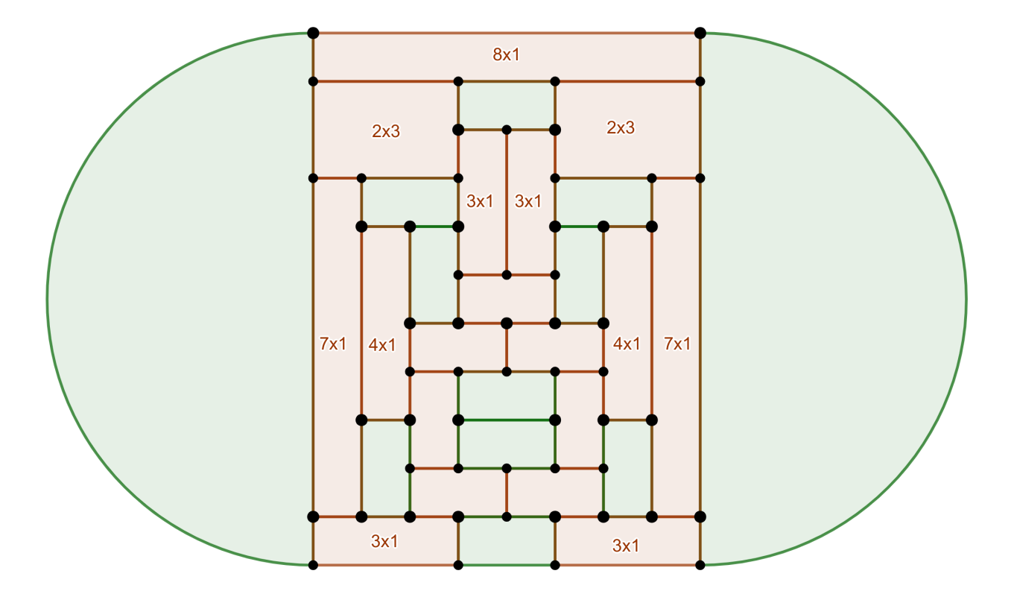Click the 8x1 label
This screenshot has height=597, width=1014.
(x=506, y=54)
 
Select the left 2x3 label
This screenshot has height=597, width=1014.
(x=386, y=131)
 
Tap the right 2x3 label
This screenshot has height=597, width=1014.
(x=621, y=127)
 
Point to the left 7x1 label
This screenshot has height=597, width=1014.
(x=333, y=344)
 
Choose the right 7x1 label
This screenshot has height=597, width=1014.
(x=677, y=344)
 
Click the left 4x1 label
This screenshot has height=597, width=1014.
(x=382, y=344)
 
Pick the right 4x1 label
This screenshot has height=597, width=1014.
(x=626, y=344)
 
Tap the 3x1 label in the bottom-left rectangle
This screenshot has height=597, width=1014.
(x=384, y=542)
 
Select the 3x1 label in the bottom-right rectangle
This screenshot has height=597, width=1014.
(x=626, y=546)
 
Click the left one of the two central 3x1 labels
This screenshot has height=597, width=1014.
(x=480, y=200)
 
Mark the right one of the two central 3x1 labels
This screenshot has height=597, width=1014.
(x=528, y=200)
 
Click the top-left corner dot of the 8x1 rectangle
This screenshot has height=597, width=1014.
(x=313, y=33)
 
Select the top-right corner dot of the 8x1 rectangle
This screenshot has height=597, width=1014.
(x=700, y=33)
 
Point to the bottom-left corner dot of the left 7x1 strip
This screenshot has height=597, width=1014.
(x=313, y=516)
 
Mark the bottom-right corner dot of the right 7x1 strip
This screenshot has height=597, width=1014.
(x=700, y=516)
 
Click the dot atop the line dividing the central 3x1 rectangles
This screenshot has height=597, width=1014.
(x=507, y=130)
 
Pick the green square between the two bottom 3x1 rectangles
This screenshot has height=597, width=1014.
(x=507, y=540)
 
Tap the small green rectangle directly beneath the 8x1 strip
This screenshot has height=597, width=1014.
(x=507, y=104)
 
